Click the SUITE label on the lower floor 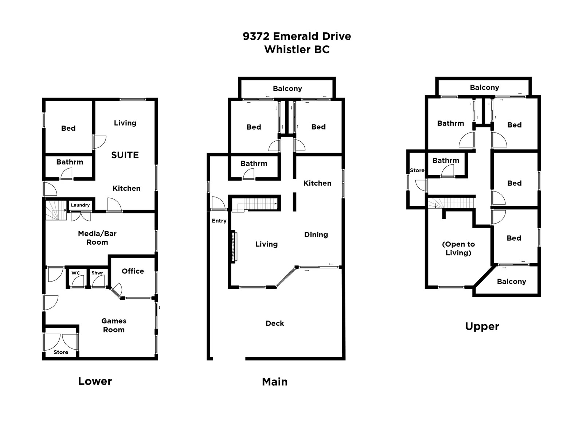click(125, 155)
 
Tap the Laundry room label click(80, 205)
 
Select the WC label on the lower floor click(76, 273)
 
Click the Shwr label click(97, 273)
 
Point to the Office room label click(133, 271)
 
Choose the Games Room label click(114, 325)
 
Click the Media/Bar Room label click(97, 238)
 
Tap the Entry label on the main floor click(219, 221)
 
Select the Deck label click(275, 323)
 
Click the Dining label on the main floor click(316, 235)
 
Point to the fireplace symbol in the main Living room click(234, 247)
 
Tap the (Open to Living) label click(458, 248)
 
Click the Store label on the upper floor click(417, 170)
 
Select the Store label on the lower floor click(61, 352)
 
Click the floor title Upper click(482, 326)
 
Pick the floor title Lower click(95, 381)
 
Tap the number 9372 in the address click(256, 36)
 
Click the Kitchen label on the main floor click(317, 183)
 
